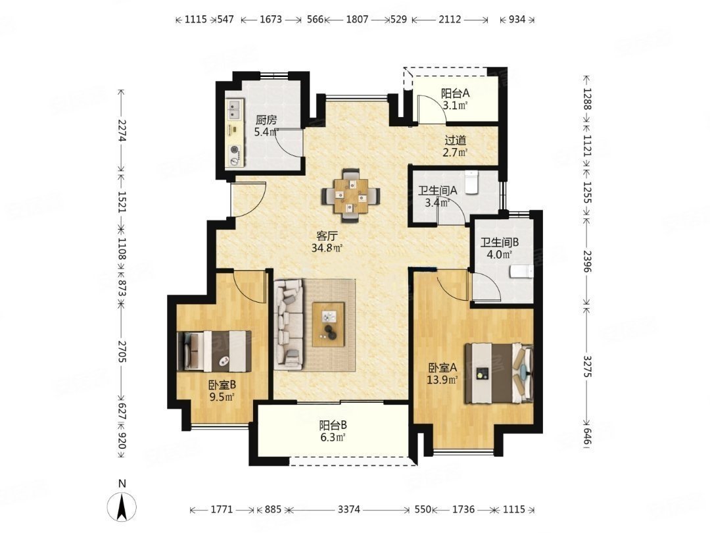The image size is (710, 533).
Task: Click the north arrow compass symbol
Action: (122, 506)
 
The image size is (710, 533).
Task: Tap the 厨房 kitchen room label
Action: (266, 120)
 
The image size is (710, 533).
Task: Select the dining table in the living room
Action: (351, 196)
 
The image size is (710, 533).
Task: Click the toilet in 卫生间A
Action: (472, 182)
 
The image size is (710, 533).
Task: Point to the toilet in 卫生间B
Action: (521, 271)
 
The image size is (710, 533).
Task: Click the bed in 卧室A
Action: (499, 373)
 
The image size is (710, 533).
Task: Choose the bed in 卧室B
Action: (214, 351)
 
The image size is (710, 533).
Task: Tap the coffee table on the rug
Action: (328, 324)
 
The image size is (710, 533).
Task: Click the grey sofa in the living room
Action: (288, 322)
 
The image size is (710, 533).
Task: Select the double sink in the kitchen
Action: (234, 110)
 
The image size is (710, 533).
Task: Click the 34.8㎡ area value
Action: (327, 248)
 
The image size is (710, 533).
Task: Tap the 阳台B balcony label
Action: (333, 426)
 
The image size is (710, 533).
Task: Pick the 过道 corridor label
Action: (455, 141)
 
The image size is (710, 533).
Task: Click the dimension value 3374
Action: (348, 510)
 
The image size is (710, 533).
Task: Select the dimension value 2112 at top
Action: (450, 20)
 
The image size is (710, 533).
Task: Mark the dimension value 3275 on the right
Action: (587, 367)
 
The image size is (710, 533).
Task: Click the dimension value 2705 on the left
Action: (122, 351)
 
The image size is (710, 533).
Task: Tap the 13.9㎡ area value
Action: (442, 380)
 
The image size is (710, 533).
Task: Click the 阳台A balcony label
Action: (455, 94)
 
